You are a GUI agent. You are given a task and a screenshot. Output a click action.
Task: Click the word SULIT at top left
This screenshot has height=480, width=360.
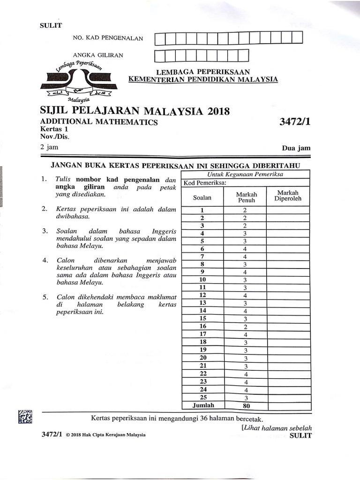[51, 26]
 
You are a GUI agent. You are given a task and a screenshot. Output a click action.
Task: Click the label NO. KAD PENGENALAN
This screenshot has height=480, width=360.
[107, 38]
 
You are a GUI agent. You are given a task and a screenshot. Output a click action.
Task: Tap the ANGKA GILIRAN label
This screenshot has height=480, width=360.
[98, 55]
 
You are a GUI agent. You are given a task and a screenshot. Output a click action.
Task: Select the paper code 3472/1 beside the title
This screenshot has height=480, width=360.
[295, 122]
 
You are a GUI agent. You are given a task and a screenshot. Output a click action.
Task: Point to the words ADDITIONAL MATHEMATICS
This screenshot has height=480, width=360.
[99, 122]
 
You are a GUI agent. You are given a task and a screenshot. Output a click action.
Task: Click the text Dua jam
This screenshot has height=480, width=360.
[296, 148]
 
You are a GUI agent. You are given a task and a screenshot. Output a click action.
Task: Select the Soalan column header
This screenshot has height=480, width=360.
[202, 197]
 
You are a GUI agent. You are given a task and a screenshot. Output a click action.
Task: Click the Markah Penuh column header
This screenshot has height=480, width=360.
[245, 197]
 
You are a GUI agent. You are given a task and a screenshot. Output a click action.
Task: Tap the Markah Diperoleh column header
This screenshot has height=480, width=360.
[288, 195]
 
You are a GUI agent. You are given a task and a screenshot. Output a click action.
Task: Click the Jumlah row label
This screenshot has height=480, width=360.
[202, 406]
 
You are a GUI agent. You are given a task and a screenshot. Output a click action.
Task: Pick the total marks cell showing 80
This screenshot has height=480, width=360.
[245, 406]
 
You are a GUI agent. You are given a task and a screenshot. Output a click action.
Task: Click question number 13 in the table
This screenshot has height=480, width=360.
[202, 303]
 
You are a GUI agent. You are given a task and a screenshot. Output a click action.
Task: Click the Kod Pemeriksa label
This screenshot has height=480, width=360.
[205, 183]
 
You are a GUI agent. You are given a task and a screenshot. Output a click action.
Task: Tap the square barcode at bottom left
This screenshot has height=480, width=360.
[25, 417]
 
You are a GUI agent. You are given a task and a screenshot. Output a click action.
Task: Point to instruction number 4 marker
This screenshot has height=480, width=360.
[45, 260]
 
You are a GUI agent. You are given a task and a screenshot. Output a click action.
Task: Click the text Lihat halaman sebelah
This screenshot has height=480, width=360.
[277, 427]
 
